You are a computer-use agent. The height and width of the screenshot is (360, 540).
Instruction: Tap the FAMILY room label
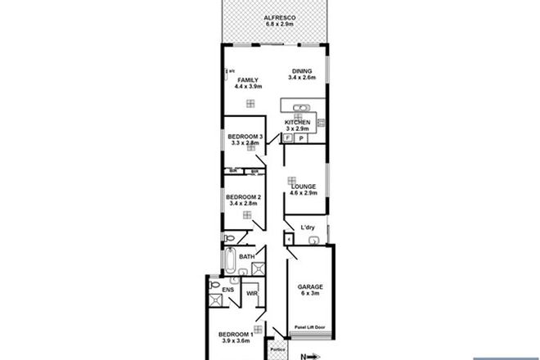(248, 79)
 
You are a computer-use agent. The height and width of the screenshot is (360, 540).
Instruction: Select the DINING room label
(302, 73)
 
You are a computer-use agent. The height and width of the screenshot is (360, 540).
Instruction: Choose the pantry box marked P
(302, 139)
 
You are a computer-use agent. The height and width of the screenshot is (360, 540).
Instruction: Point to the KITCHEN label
(297, 123)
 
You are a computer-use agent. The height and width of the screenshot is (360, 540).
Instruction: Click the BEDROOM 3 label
(245, 137)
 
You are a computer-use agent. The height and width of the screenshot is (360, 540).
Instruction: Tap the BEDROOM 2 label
(244, 197)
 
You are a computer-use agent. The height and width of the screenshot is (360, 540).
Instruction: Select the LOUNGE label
(304, 187)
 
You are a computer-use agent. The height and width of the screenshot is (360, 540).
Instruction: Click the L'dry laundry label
(308, 227)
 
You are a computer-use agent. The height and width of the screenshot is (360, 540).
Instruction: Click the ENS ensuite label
(216, 289)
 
